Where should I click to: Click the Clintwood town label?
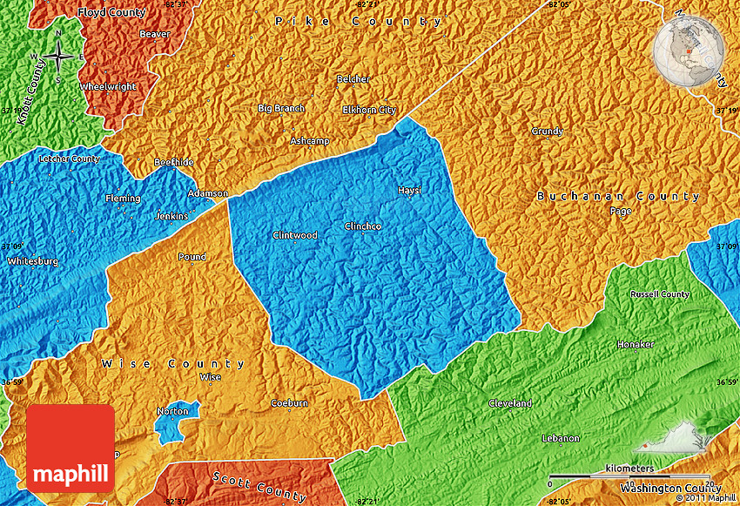click(294, 235)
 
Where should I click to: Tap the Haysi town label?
click(408, 190)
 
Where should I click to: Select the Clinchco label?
click(362, 226)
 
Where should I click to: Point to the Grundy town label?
click(547, 132)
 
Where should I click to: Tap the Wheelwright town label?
click(107, 87)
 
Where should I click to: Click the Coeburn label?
click(289, 403)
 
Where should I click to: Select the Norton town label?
click(172, 411)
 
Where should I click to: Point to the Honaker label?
click(635, 345)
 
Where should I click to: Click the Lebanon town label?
click(560, 438)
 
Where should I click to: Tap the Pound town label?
click(192, 257)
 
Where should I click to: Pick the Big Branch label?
click(281, 108)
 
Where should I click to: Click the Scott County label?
click(259, 486)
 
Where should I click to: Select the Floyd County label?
click(111, 13)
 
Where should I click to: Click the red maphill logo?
click(71, 448)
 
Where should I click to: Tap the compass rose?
click(58, 57)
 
